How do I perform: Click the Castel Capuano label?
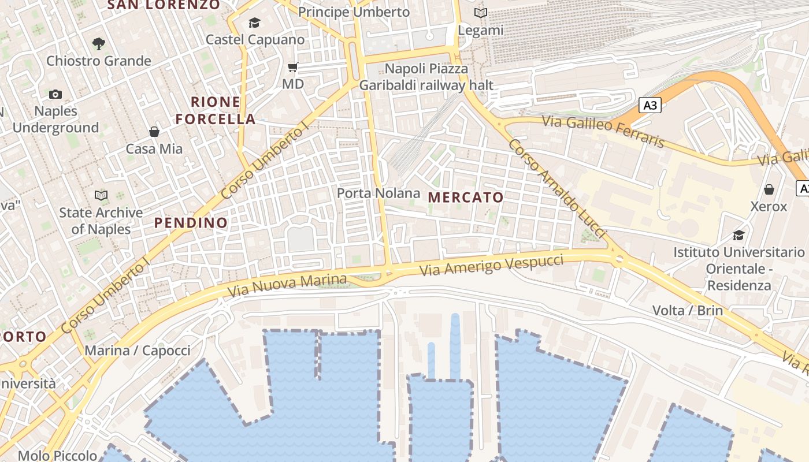click(x=255, y=40)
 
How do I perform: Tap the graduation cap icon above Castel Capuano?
click(x=254, y=23)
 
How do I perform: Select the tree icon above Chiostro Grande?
click(x=99, y=43)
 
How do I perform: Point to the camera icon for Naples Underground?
click(x=55, y=94)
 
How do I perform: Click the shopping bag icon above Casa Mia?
click(x=154, y=132)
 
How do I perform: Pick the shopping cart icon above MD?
click(x=293, y=68)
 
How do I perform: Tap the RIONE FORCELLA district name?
click(x=216, y=111)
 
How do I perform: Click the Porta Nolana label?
click(x=378, y=193)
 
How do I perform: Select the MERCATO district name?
click(x=466, y=198)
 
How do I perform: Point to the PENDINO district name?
click(x=191, y=222)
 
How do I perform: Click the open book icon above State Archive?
click(x=101, y=195)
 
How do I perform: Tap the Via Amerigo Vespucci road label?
click(x=491, y=264)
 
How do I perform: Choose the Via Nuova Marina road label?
click(x=287, y=285)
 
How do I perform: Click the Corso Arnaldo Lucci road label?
click(x=557, y=188)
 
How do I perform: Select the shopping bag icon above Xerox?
click(x=769, y=189)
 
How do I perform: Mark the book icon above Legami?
click(x=480, y=13)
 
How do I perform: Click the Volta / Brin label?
click(x=688, y=310)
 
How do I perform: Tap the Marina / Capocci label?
click(x=138, y=351)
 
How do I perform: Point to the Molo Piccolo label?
click(x=57, y=456)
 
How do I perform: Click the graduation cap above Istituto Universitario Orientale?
click(x=739, y=235)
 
